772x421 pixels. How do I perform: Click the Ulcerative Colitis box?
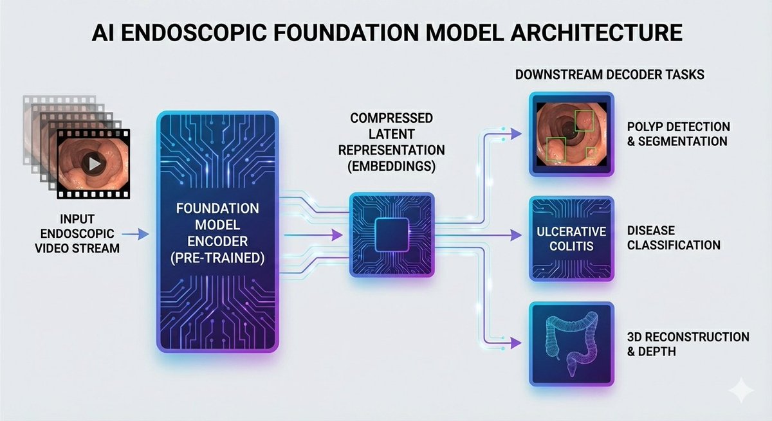[x=571, y=238]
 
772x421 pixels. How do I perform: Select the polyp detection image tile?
[x=571, y=134]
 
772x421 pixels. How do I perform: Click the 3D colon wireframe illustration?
[x=570, y=342]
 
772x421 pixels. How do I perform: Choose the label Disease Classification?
[x=673, y=238]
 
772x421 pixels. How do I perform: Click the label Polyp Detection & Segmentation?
[x=678, y=134]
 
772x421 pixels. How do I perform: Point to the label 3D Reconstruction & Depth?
[x=688, y=345]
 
